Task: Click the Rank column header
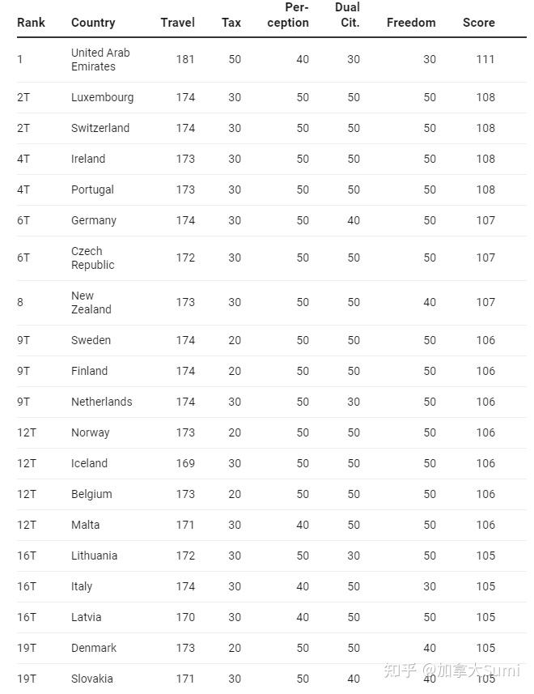pos(31,23)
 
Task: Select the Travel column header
pos(177,23)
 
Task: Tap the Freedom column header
pos(411,23)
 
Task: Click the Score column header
pos(478,23)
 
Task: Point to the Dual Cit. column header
pos(349,15)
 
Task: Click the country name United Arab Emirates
pos(100,59)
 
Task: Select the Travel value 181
pos(185,59)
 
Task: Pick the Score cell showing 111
pos(485,59)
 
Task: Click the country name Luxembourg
pos(102,97)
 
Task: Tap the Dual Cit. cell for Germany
pos(354,220)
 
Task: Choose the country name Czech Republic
pos(92,258)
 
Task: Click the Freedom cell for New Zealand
pos(429,302)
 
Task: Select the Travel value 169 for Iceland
pos(185,463)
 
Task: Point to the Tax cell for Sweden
pos(234,340)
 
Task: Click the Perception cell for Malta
pos(303,525)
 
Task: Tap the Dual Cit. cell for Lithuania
pos(354,556)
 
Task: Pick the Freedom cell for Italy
pos(429,586)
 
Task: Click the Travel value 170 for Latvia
pos(185,617)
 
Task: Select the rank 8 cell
pos(20,302)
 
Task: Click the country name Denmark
pos(94,648)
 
